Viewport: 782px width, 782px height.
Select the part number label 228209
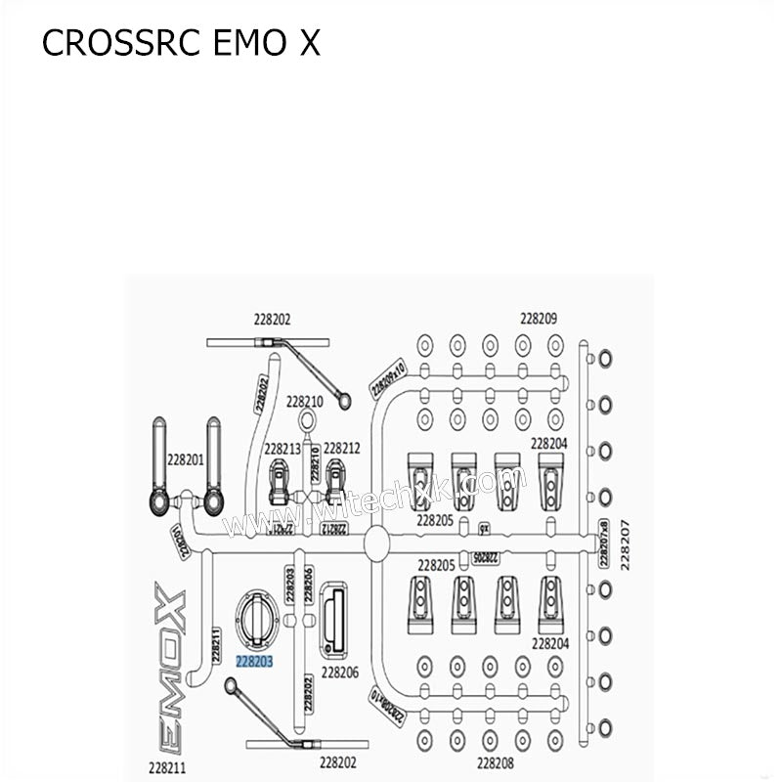click(x=539, y=318)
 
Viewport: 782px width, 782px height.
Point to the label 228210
click(x=305, y=401)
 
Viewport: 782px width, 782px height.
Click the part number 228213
click(x=282, y=449)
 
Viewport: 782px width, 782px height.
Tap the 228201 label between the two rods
click(x=185, y=458)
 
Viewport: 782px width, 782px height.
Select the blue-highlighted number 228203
click(x=254, y=661)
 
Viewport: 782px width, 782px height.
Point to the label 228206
click(x=340, y=673)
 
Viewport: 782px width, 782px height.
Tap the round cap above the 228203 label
click(x=257, y=621)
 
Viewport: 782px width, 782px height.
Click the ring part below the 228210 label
click(x=307, y=421)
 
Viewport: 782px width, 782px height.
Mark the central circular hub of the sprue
click(x=377, y=543)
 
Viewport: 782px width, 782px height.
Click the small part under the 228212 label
click(x=337, y=481)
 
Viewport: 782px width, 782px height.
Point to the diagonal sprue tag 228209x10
click(x=388, y=376)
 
